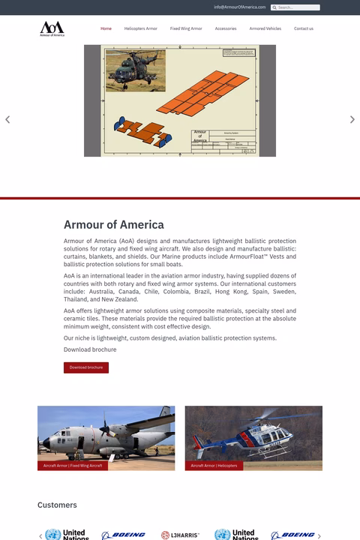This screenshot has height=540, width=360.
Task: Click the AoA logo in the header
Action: tap(52, 28)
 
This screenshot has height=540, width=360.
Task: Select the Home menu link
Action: tap(106, 28)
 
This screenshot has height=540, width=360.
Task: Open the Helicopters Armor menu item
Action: tap(140, 28)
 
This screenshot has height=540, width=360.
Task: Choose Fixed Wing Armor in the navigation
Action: tap(186, 28)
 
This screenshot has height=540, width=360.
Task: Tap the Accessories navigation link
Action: tap(226, 28)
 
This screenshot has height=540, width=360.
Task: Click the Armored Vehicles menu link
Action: tap(265, 28)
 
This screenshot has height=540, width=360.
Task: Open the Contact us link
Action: tap(304, 28)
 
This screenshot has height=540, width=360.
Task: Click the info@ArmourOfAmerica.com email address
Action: tap(240, 7)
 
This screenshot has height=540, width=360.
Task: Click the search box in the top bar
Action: tap(297, 7)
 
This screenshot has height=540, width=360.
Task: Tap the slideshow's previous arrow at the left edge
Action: tap(7, 119)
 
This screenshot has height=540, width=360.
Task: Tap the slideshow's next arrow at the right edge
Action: tap(352, 119)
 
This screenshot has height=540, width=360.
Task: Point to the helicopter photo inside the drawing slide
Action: tap(136, 70)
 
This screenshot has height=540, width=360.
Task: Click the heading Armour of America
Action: tap(113, 224)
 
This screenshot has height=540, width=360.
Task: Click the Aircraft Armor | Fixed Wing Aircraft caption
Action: tap(72, 466)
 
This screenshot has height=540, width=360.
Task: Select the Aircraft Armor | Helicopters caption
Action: tap(214, 466)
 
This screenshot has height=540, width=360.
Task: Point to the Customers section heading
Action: tap(57, 505)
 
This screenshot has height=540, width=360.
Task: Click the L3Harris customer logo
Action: tap(180, 535)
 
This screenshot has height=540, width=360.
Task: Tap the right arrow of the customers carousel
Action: tap(319, 535)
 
